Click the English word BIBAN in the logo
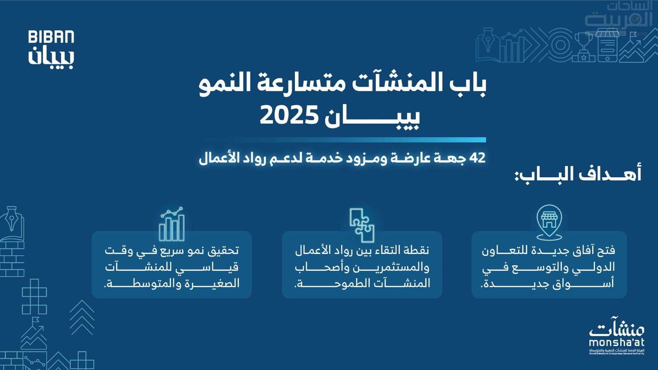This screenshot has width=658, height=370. [51, 37]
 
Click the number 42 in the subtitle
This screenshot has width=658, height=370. [477, 158]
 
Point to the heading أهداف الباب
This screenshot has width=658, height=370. [578, 174]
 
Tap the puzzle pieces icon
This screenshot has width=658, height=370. [362, 225]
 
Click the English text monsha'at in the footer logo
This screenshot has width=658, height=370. [616, 343]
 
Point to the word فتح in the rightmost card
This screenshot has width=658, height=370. [607, 251]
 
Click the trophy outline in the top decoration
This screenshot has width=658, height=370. [584, 47]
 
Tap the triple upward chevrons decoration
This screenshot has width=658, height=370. [82, 317]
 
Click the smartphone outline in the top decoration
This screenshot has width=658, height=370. [607, 45]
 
